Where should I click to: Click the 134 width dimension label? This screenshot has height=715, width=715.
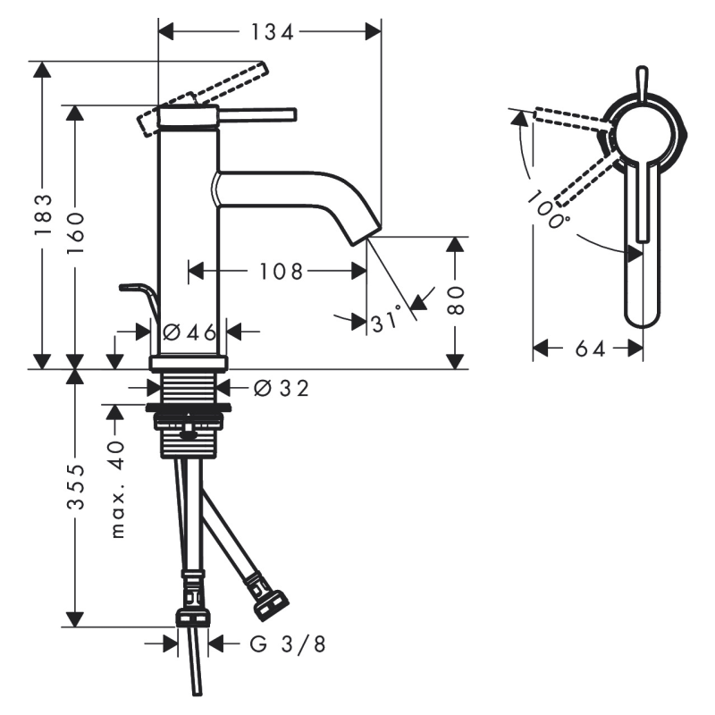(x=273, y=32)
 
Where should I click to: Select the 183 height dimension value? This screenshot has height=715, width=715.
(x=43, y=214)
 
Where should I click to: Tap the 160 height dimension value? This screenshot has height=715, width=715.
(x=76, y=232)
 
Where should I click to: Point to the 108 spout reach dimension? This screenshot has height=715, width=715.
(x=281, y=272)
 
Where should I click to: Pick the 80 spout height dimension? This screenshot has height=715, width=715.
(x=455, y=301)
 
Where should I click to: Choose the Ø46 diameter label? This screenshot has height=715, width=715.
(x=189, y=332)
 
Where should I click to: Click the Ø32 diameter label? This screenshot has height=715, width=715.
(x=282, y=388)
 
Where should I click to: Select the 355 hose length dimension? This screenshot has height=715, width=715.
(x=76, y=486)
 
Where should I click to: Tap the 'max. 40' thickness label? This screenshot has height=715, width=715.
(x=118, y=489)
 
